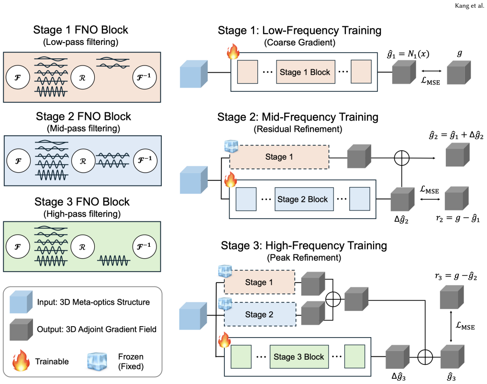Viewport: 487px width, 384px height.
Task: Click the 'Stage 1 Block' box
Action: [x=306, y=72]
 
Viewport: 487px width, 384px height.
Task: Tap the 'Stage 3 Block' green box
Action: [x=299, y=357]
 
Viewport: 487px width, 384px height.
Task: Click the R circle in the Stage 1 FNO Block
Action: [x=83, y=77]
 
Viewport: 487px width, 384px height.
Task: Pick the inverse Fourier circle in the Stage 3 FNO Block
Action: [x=144, y=246]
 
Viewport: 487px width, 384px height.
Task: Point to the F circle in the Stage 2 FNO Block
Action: [x=19, y=161]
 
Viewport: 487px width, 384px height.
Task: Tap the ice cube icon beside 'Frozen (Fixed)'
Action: [x=97, y=362]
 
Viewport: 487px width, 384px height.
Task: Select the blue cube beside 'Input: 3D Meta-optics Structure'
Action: [x=21, y=302]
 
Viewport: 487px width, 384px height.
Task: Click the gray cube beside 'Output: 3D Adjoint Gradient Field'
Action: [x=21, y=329]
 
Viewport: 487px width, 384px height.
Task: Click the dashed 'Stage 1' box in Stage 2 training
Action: [x=279, y=157]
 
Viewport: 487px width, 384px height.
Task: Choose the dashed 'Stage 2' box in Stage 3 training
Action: [x=260, y=314]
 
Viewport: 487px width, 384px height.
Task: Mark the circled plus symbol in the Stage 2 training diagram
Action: [x=401, y=158]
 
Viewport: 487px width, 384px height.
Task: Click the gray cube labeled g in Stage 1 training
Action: [x=459, y=72]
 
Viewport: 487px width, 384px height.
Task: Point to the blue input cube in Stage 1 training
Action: [x=194, y=74]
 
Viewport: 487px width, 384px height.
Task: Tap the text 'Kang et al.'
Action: [x=469, y=6]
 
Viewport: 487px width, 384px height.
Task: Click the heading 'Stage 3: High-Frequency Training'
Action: [x=304, y=245]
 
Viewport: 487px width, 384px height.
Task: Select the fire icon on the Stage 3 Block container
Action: [x=224, y=340]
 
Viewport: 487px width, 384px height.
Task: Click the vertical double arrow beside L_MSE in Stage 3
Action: [x=451, y=326]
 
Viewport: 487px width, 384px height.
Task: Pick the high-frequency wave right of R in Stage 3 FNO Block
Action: [x=114, y=261]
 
